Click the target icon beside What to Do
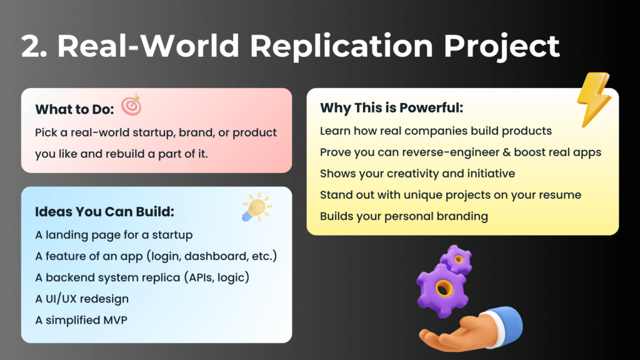(x=132, y=105)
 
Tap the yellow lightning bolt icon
(x=594, y=99)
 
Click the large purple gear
(x=441, y=290)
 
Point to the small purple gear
(x=456, y=259)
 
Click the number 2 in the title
(x=31, y=46)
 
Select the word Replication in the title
(x=341, y=46)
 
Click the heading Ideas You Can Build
(x=104, y=212)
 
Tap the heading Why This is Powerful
(x=391, y=107)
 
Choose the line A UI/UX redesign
(x=82, y=299)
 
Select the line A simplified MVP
(x=81, y=320)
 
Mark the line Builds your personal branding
(x=404, y=216)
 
